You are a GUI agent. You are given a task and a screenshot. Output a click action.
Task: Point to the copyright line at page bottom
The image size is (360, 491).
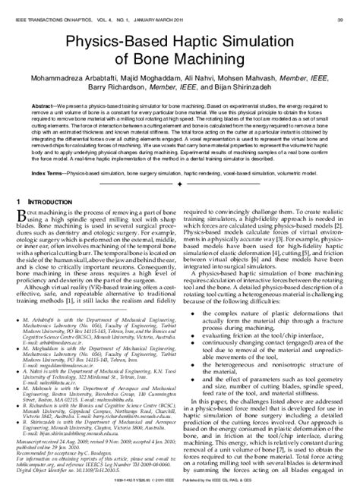click(x=180, y=480)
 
